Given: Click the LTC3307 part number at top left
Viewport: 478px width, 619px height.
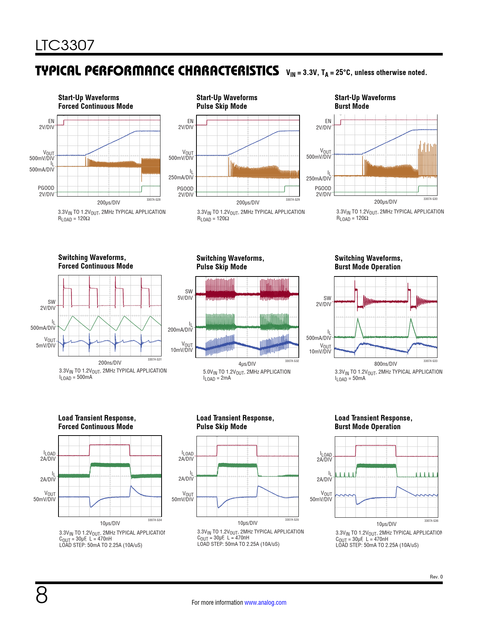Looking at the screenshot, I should click(x=65, y=45).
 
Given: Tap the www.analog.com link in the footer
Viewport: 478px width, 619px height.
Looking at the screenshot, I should click(x=265, y=602).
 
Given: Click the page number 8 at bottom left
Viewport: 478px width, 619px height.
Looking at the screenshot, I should click(x=42, y=595).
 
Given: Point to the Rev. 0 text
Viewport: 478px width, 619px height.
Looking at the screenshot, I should click(x=436, y=577).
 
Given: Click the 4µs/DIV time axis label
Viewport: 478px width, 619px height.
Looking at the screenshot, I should click(x=247, y=364).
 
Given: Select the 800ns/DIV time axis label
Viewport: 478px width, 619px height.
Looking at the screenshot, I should click(x=385, y=364).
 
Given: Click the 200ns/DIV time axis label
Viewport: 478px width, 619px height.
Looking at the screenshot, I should click(x=109, y=363).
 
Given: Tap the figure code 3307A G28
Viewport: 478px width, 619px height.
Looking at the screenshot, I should click(x=153, y=200).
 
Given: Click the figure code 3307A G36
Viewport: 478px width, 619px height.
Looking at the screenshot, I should click(x=431, y=521).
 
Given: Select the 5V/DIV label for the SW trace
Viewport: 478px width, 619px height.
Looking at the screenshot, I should click(x=185, y=298).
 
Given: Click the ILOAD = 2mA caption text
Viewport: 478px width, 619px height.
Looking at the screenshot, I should click(x=217, y=378).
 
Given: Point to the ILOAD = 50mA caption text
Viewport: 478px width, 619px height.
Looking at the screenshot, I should click(x=350, y=379).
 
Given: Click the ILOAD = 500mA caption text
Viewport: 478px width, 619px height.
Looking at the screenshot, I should click(x=76, y=377).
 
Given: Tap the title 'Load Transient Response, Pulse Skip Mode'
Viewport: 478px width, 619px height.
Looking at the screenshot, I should click(x=235, y=422).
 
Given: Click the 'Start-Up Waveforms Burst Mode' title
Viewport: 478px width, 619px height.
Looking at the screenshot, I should click(x=365, y=102).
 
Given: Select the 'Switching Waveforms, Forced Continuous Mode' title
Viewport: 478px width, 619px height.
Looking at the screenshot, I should click(x=96, y=262).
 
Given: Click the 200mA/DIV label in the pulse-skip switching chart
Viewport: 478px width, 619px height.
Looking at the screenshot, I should click(x=180, y=330).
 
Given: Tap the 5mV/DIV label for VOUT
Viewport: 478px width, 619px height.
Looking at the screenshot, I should click(x=46, y=346).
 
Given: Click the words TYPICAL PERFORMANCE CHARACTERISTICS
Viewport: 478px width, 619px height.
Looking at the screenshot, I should click(x=157, y=71).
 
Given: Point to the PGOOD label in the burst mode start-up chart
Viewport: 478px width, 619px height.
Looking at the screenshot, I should click(x=323, y=188).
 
